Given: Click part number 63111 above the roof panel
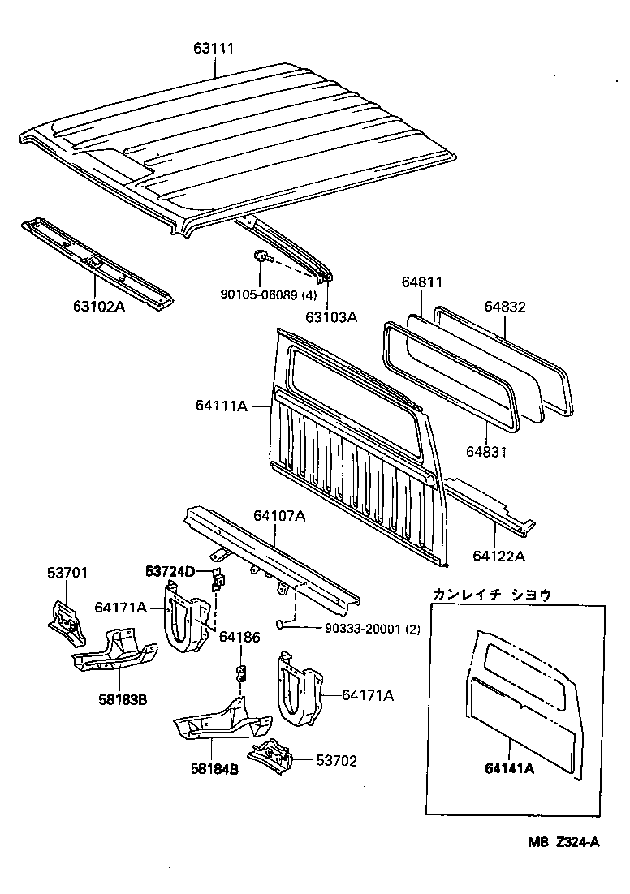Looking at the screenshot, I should tap(214, 49).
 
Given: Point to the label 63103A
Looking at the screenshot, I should tap(331, 317).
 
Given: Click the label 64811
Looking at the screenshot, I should tap(422, 282).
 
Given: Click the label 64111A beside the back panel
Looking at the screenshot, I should tap(221, 405).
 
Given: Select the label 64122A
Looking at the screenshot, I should tap(498, 556).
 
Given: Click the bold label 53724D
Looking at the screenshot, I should tap(170, 572).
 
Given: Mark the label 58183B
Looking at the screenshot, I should tap(122, 700).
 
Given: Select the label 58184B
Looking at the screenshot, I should tap(214, 770).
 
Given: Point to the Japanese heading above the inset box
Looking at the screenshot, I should tap(492, 595).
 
